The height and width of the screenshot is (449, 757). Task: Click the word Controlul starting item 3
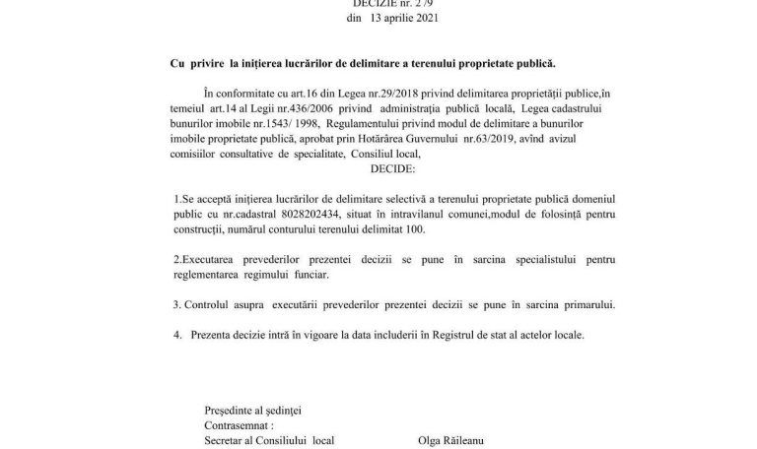click(211, 303)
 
